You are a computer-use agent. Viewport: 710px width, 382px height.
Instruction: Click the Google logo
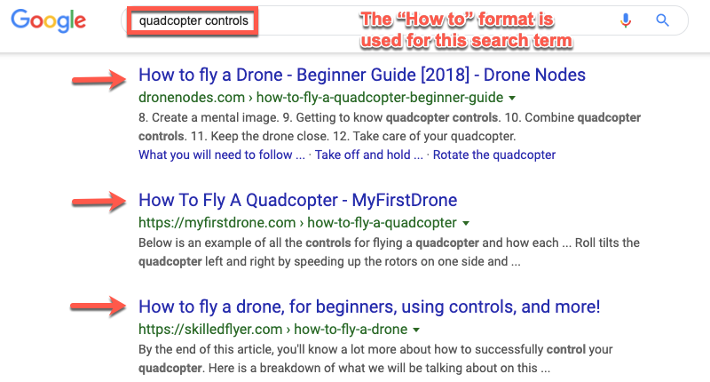point(49,20)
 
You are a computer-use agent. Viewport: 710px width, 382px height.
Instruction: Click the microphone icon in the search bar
point(626,20)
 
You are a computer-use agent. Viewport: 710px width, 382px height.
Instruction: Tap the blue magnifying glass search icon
point(662,20)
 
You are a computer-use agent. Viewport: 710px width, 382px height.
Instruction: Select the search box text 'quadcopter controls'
point(193,20)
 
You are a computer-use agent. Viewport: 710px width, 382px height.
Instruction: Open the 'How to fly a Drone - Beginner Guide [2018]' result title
point(362,75)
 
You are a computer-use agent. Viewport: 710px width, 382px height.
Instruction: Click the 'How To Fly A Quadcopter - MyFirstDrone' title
point(298,200)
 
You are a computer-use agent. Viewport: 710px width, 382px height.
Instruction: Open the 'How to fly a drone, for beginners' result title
point(369,306)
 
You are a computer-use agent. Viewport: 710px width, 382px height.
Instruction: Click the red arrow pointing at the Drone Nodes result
point(99,80)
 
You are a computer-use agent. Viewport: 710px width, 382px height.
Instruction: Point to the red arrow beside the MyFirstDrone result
point(99,202)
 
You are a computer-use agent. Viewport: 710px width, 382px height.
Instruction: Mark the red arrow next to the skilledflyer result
point(98,306)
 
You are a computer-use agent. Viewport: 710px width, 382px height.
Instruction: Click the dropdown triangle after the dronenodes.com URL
point(512,98)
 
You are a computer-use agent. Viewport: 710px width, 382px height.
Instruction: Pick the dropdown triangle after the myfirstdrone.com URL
point(465,223)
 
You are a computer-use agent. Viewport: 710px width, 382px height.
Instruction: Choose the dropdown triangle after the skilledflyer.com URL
point(416,330)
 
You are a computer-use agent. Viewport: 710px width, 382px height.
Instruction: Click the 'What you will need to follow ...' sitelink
point(222,155)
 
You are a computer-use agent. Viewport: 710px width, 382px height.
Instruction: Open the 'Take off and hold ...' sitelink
point(369,155)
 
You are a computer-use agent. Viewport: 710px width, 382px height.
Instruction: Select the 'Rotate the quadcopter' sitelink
point(494,155)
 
